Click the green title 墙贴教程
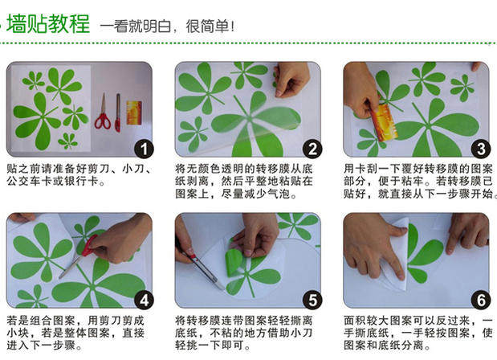pyautogui.click(x=48, y=24)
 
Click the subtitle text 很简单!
pyautogui.click(x=210, y=26)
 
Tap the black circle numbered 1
pyautogui.click(x=144, y=149)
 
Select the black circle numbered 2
pyautogui.click(x=312, y=149)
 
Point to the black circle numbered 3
pyautogui.click(x=481, y=149)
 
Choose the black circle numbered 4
pyautogui.click(x=144, y=300)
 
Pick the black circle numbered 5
pyautogui.click(x=312, y=300)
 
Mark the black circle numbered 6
pyautogui.click(x=481, y=300)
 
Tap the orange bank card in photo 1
pyautogui.click(x=134, y=112)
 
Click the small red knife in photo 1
pyautogui.click(x=117, y=112)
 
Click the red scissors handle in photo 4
pyautogui.click(x=89, y=246)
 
